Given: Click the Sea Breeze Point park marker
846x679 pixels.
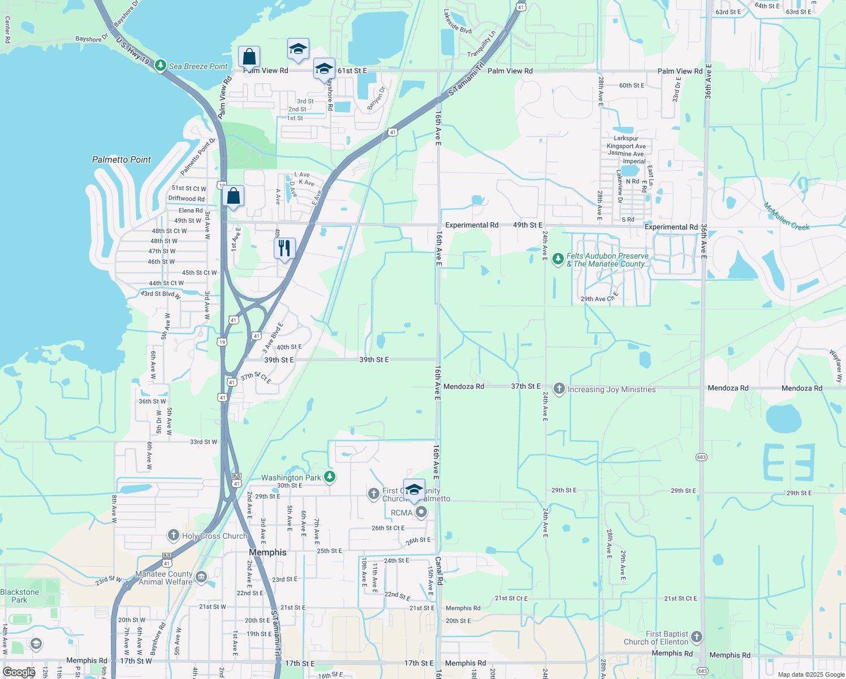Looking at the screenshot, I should pos(161,66).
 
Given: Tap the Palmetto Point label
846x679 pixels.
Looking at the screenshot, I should pos(122,160).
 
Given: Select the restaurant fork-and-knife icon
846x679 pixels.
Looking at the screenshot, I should pos(284,248).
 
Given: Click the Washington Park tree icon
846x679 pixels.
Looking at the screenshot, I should pos(330,477).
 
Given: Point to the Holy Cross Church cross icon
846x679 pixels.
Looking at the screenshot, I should pos(174,535).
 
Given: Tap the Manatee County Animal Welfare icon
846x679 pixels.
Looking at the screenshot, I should pos(201,577).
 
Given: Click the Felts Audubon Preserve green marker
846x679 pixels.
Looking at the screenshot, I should pos(558,259).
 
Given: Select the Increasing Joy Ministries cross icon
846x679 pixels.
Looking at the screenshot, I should pos(559,388).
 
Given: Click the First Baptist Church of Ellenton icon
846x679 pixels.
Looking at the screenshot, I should pos(697,637).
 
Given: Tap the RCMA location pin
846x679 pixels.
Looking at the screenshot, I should pos(421,512).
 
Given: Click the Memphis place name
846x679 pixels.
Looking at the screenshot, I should pos(267,552).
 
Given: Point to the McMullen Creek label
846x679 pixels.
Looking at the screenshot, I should pos(786,216).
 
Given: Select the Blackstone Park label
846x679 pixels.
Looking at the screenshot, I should pos(19,596).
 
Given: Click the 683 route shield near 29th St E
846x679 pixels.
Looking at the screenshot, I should pos(701,457).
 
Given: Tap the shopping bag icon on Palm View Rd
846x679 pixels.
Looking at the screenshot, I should pos(249,57).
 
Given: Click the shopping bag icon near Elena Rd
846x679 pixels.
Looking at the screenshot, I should pos(233,196).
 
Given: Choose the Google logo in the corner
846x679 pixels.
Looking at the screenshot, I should pos(19,672).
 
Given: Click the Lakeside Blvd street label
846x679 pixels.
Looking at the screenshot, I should pos(457,22).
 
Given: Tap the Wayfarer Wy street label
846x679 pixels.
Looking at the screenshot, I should pos(835,367).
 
